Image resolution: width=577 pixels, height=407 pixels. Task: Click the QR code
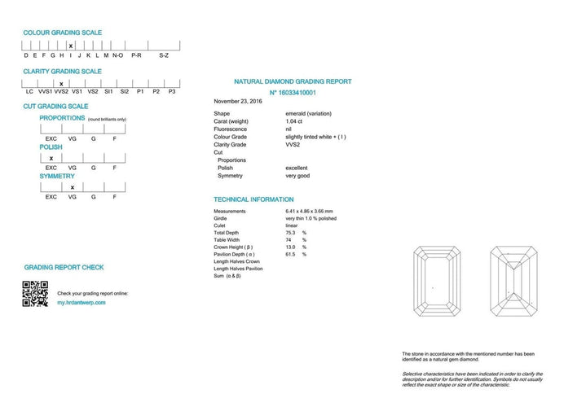click(35, 293)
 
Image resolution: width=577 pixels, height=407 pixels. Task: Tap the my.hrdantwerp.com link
click(81, 302)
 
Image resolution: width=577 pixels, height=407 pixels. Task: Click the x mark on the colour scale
click(71, 46)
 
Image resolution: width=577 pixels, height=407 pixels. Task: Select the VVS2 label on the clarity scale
click(61, 92)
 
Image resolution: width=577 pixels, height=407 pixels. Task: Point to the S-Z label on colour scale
click(163, 55)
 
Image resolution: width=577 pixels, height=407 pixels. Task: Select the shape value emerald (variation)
click(308, 113)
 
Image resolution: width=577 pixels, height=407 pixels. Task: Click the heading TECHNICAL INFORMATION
click(253, 199)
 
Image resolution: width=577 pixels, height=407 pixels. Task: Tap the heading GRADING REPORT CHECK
click(64, 267)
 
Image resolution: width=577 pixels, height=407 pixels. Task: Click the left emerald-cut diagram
click(438, 281)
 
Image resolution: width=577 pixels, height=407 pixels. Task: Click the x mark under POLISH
click(51, 158)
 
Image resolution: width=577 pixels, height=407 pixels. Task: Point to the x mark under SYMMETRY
click(72, 187)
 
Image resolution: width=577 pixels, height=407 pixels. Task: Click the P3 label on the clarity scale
click(171, 92)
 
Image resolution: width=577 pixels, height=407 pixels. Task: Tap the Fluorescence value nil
click(288, 129)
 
